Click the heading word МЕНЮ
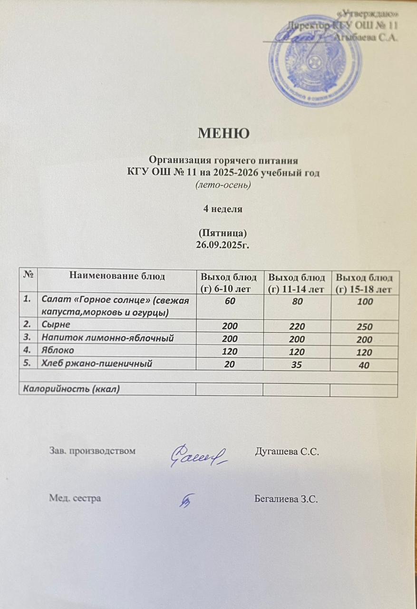pos(223,133)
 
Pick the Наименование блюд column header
pos(117,275)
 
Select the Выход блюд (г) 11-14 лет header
pos(297,283)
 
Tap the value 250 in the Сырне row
pos(364,327)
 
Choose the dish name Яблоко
pos(58,351)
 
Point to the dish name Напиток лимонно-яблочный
pos(107,339)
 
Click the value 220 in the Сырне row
pos(296,327)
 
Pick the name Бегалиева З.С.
pos(286,499)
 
